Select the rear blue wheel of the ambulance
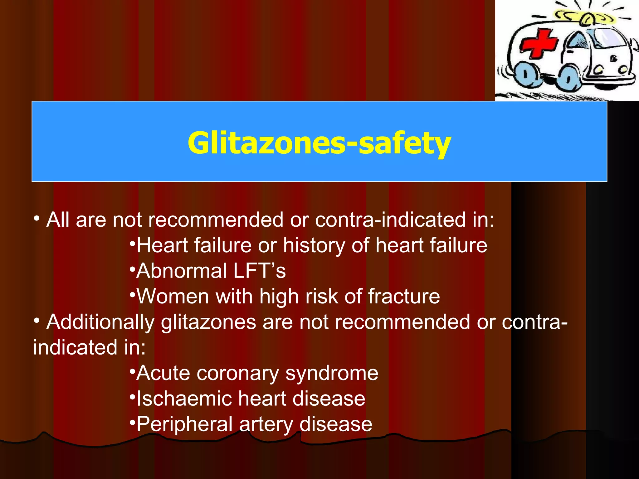pyautogui.click(x=527, y=74)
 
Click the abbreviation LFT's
pyautogui.click(x=259, y=271)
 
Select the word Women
pyautogui.click(x=173, y=296)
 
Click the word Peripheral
pyautogui.click(x=184, y=424)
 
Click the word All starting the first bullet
pyautogui.click(x=58, y=220)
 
